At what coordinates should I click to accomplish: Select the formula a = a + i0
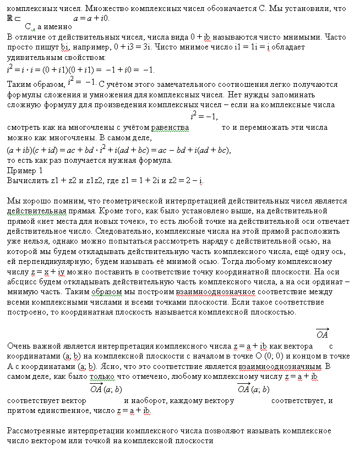click(x=91, y=18)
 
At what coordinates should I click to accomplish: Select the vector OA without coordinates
click(x=323, y=334)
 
